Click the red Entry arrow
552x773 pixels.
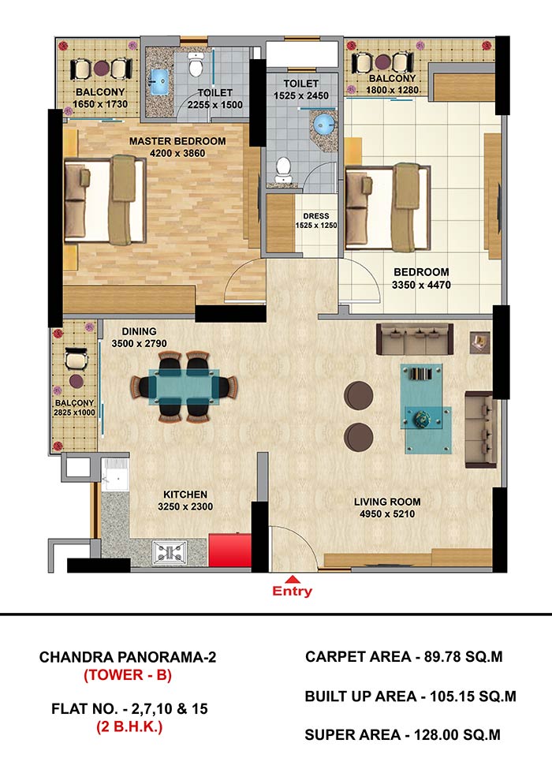coord(293,579)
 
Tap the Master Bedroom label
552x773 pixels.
coord(177,141)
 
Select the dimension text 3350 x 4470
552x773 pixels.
coord(421,285)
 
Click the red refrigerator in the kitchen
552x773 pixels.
coord(230,550)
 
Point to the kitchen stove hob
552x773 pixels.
coord(170,551)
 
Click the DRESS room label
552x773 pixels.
coord(316,216)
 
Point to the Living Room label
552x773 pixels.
coord(387,502)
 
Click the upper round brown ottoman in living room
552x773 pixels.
coord(358,395)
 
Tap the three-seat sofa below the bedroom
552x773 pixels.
coord(415,339)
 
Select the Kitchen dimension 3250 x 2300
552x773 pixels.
coord(185,506)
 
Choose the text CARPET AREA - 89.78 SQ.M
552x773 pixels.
coord(404,656)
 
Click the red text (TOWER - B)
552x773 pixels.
coord(128,674)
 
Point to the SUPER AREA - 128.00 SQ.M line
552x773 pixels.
coord(403,735)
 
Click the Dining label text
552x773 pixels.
coord(140,331)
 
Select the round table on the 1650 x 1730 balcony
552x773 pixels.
coord(101,68)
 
